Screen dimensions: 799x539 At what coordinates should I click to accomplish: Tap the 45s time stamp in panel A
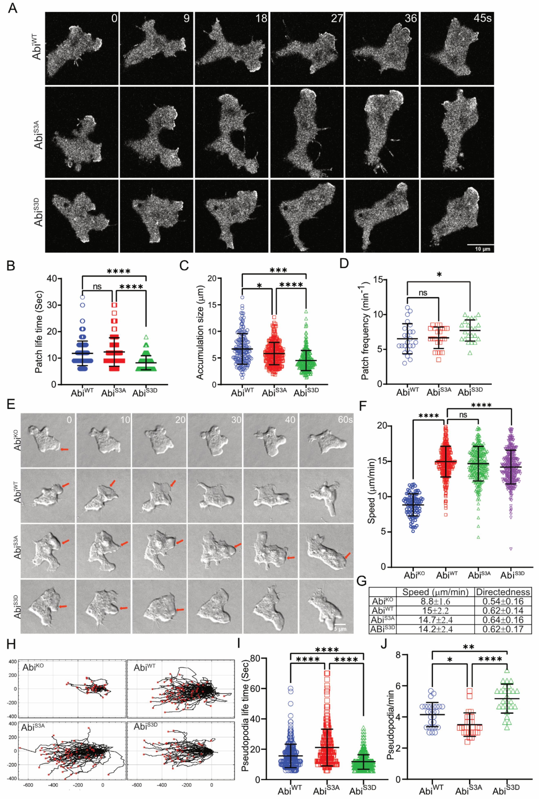(482, 18)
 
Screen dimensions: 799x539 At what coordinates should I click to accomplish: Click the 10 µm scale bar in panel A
(480, 245)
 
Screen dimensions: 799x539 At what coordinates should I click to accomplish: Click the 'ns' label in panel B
(97, 286)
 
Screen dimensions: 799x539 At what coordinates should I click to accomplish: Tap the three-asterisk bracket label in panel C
(278, 270)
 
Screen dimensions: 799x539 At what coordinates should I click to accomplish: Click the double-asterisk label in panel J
(469, 647)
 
